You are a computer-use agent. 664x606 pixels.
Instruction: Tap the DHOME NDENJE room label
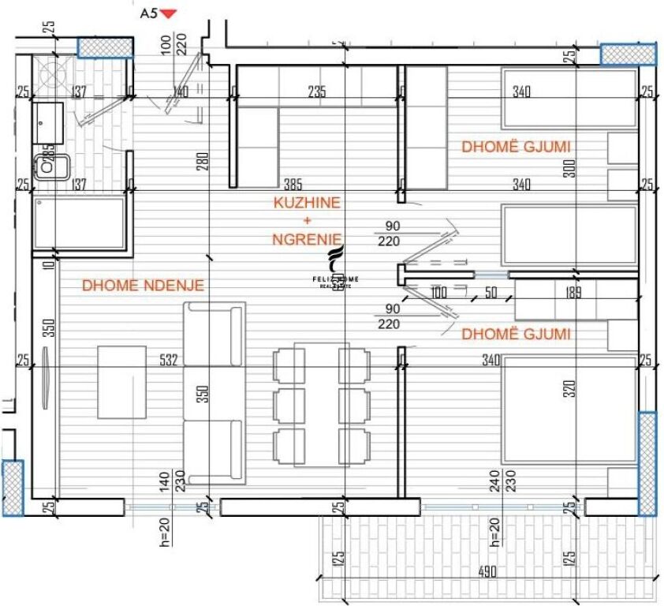coord(143,286)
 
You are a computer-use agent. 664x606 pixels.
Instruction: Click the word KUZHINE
coord(307,203)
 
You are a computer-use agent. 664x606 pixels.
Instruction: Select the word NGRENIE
coord(308,238)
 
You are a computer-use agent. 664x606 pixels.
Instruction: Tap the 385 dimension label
coord(293,185)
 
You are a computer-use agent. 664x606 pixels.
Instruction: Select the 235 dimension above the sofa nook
coord(316,92)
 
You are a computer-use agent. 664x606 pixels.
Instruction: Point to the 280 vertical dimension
coord(202,161)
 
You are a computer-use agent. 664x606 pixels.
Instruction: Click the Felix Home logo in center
coord(338,268)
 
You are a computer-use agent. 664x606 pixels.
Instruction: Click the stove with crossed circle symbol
coord(54,76)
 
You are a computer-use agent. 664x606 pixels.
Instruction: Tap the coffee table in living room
coord(121,382)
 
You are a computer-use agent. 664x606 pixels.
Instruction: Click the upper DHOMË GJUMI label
coord(516,147)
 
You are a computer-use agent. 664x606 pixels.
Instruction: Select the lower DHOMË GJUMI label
coord(516,335)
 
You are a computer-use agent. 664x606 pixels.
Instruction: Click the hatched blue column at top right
coord(628,54)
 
